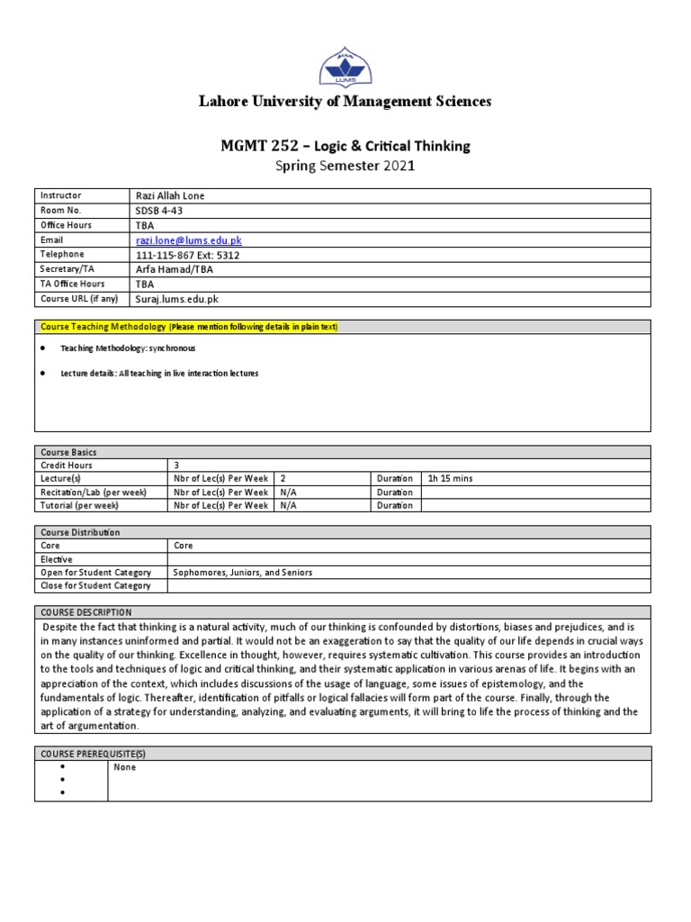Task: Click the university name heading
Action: point(345,102)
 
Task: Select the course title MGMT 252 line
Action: point(345,146)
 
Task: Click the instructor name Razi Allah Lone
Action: point(176,195)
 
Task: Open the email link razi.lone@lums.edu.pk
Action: point(188,240)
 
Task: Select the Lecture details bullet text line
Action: point(159,373)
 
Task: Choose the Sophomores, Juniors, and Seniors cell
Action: point(242,573)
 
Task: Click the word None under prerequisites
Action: point(124,768)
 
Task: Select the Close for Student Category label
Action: point(94,586)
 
